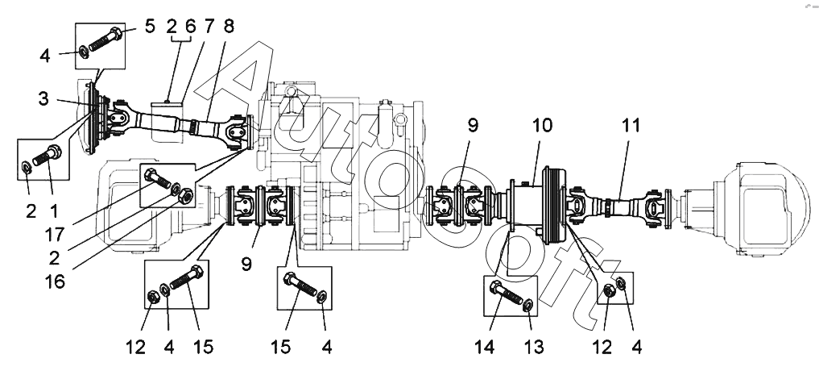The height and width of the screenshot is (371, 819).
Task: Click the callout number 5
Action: click(x=150, y=26)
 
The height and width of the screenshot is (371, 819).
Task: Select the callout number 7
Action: click(x=209, y=26)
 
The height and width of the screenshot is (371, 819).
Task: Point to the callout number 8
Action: click(x=228, y=26)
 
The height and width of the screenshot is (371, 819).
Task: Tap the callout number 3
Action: click(x=43, y=98)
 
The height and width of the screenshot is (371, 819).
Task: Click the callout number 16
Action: click(x=55, y=281)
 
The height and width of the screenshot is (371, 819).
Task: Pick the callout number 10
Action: click(x=542, y=126)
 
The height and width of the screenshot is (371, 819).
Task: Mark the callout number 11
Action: click(x=630, y=126)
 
